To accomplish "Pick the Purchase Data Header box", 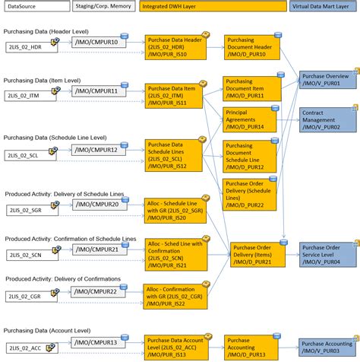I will coord(175,46).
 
